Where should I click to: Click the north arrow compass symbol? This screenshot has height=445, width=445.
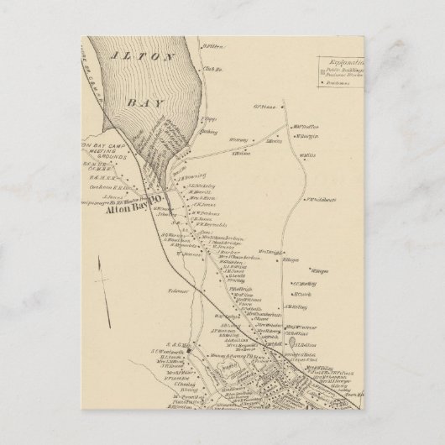[x=100, y=278]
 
